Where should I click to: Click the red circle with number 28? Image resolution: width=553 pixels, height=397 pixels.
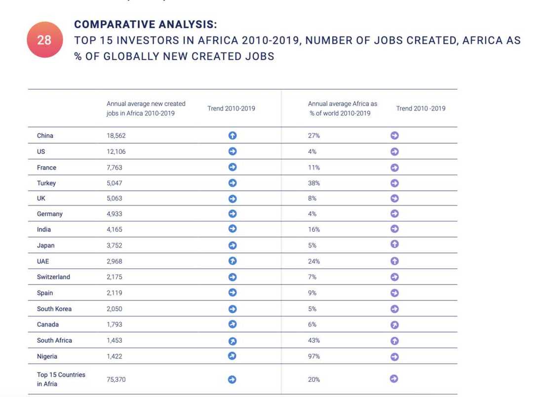44,39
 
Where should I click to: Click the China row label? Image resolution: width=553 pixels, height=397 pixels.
45,136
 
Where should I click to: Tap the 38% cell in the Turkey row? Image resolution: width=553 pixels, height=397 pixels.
314,183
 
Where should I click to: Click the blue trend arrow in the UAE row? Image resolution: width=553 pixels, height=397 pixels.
233,261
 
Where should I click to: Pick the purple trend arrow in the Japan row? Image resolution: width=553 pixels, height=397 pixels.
394,245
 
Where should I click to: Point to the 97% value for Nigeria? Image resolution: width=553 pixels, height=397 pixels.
314,356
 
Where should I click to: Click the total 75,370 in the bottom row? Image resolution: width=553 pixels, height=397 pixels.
117,379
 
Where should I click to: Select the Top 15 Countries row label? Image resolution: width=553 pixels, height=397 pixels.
61,379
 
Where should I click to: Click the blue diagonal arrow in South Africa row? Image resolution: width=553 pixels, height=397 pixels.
233,340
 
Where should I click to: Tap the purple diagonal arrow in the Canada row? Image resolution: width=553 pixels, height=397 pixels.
394,325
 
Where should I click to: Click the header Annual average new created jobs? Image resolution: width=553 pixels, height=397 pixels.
146,108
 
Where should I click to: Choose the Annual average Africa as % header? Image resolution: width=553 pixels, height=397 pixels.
342,108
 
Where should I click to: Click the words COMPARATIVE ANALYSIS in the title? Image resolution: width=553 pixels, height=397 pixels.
145,25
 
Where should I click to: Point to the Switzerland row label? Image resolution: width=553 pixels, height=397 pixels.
53,277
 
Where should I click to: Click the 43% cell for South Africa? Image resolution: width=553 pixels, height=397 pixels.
314,340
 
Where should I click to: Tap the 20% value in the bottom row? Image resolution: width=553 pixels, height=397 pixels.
314,379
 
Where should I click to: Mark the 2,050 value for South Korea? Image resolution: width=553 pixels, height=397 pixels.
115,309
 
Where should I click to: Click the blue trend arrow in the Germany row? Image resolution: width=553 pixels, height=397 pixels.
233,214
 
